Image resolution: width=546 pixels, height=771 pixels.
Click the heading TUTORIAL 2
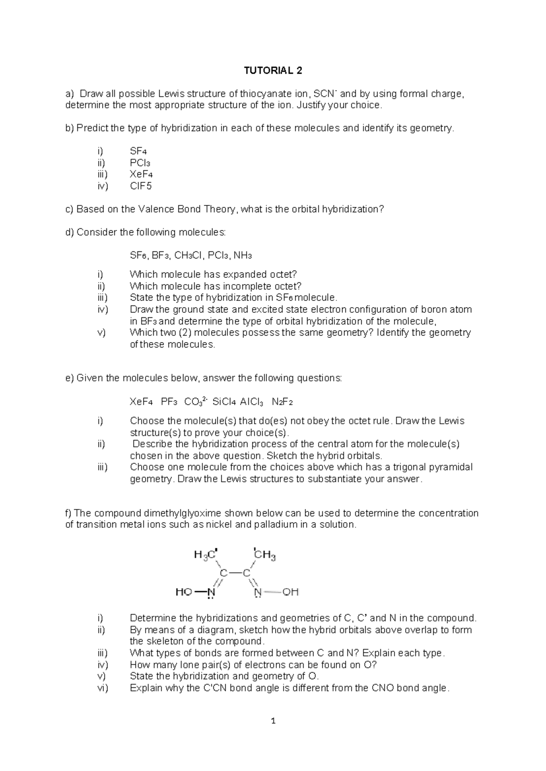(x=273, y=70)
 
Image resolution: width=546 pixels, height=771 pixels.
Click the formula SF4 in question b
(x=138, y=151)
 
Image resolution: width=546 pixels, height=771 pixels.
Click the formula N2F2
(x=282, y=402)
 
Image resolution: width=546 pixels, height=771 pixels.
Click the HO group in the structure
(x=183, y=592)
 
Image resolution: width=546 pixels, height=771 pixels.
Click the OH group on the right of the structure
(x=290, y=592)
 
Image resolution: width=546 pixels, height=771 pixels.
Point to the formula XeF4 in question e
(x=141, y=402)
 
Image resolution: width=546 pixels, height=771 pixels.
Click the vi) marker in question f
(x=102, y=688)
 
